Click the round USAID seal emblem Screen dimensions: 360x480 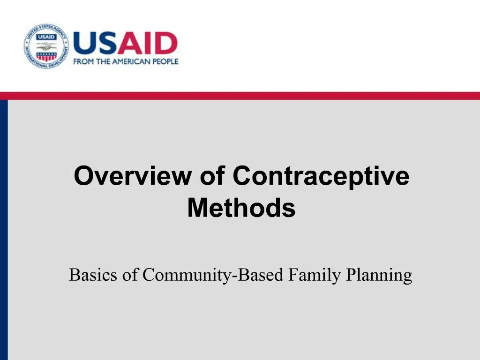pos(46,46)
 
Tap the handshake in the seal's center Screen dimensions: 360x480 pos(46,46)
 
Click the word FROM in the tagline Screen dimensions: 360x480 pos(83,61)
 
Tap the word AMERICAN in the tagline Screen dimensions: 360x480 pos(129,61)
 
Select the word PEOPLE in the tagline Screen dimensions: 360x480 pos(165,61)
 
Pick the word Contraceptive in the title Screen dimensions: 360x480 pos(321,177)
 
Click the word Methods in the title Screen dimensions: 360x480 pos(241,208)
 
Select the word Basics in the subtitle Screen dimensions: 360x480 pos(94,275)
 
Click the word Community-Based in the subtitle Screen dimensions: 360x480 pos(213,275)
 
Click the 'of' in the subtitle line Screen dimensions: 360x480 pos(130,275)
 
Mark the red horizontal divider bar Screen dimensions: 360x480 pos(240,96)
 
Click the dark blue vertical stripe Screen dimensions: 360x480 pos(4,230)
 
